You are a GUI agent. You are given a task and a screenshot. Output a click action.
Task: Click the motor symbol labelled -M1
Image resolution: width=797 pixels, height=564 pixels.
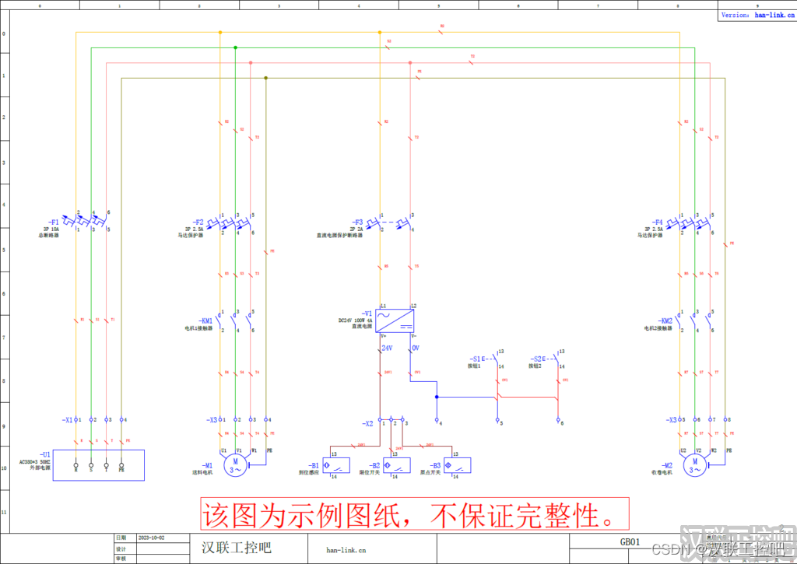pos(236,465)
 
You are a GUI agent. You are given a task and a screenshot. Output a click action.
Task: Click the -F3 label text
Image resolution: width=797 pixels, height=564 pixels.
pos(357,222)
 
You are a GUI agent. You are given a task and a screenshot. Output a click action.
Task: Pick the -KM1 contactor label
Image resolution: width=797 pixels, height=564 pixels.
pos(205,320)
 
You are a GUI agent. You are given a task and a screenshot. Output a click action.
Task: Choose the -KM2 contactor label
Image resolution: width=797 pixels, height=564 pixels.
pos(665,320)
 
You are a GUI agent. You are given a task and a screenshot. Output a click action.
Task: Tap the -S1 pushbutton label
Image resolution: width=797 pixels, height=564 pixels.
pos(476,359)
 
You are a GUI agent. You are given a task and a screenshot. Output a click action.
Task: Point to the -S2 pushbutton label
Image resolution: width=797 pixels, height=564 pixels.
pos(537,359)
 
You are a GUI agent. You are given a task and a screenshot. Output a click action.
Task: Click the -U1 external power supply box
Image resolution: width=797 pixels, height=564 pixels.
pos(98,465)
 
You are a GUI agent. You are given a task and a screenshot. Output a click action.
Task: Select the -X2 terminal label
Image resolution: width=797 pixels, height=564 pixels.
pos(367,424)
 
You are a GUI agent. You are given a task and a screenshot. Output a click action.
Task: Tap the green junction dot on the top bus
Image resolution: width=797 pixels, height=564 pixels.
pos(235,47)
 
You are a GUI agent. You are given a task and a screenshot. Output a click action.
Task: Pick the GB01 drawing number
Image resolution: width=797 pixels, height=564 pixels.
pos(630,541)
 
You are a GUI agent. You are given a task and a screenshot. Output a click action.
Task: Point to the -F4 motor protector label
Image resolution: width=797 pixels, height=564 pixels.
pos(658,222)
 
